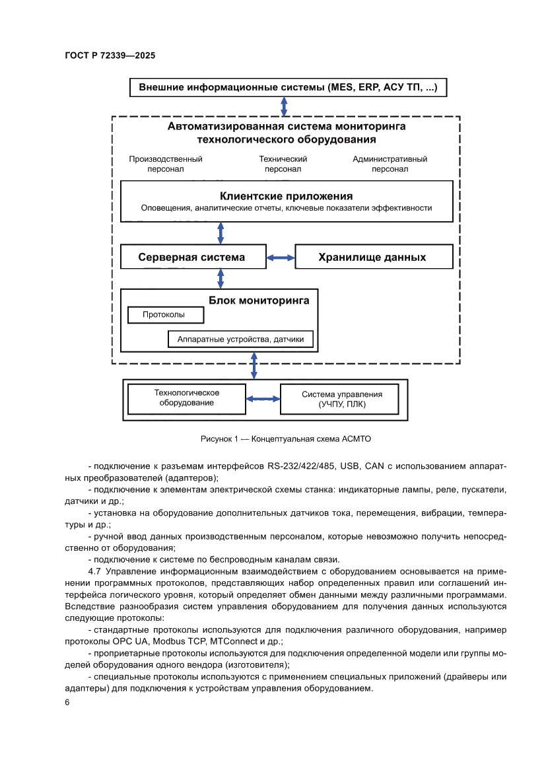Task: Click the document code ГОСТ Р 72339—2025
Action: [110, 56]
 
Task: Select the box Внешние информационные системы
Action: [287, 87]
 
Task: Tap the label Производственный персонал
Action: [166, 164]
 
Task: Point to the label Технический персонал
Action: [283, 164]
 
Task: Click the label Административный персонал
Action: [390, 164]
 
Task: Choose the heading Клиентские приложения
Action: [286, 196]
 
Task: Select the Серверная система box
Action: [191, 258]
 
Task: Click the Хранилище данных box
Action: [372, 258]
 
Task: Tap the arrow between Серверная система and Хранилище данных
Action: [279, 258]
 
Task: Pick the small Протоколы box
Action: [164, 315]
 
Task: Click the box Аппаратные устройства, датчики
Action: [240, 339]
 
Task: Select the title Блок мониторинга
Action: [259, 300]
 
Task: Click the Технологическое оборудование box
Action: [187, 398]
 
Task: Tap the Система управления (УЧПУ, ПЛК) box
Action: [341, 399]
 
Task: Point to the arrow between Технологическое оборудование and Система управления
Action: [263, 399]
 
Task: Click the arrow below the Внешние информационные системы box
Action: [284, 106]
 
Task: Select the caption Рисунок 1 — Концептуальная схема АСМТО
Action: [287, 439]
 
